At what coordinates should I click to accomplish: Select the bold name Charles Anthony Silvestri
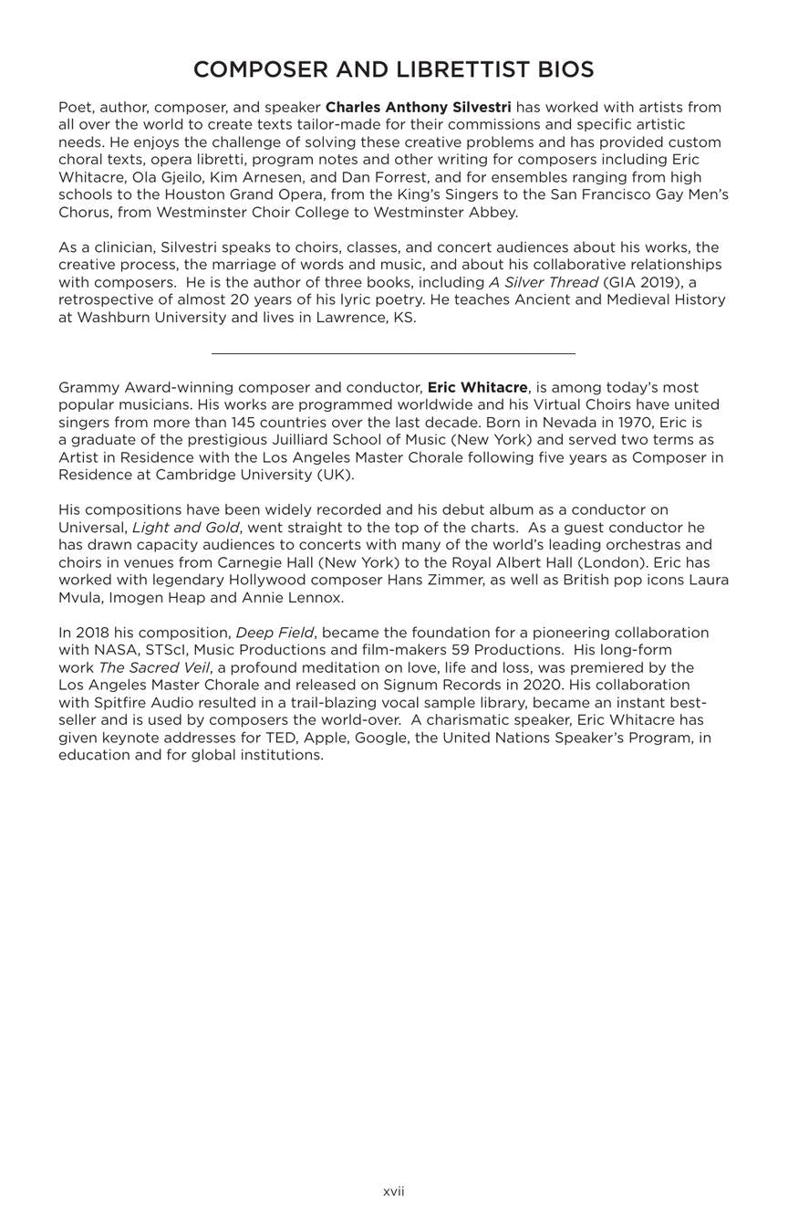(x=418, y=108)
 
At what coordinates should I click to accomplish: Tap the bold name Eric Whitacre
(x=477, y=388)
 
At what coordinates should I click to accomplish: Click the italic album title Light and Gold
(x=185, y=528)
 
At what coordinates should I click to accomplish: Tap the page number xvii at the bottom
(x=393, y=1191)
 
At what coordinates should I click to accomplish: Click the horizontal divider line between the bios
(x=393, y=352)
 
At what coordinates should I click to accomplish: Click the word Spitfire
(x=126, y=703)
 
